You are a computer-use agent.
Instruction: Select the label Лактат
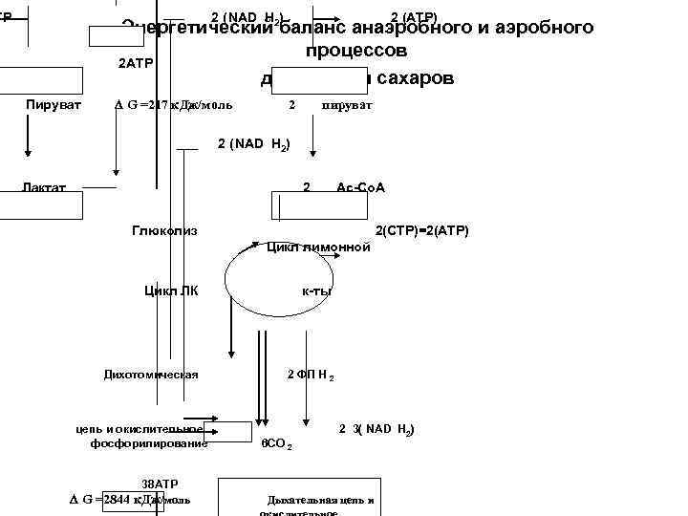click(x=45, y=187)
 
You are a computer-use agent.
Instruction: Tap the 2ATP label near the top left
click(x=135, y=64)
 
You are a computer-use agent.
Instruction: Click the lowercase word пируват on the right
click(x=347, y=104)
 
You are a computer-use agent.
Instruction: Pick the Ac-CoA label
click(x=360, y=187)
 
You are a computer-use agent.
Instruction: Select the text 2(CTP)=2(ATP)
click(x=421, y=231)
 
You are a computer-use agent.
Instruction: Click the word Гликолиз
click(x=164, y=231)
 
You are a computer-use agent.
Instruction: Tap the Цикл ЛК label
click(x=171, y=290)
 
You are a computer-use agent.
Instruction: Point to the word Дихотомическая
click(x=151, y=374)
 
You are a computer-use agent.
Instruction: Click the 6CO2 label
click(x=276, y=444)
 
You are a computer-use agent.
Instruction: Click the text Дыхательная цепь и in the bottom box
click(x=320, y=500)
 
